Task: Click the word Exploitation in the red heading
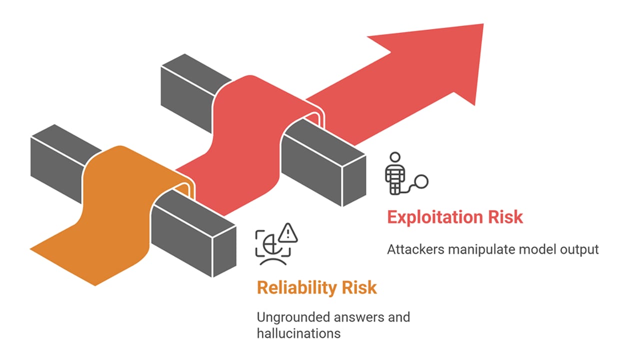click(435, 217)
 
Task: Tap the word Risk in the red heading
click(506, 217)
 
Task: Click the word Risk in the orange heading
click(359, 287)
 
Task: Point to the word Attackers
click(416, 249)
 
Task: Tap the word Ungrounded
click(294, 317)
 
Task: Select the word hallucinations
click(299, 334)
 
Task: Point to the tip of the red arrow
click(483, 24)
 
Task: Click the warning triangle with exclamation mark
click(288, 233)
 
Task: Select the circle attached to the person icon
click(421, 182)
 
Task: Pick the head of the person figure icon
click(395, 157)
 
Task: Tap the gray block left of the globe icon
click(194, 233)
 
